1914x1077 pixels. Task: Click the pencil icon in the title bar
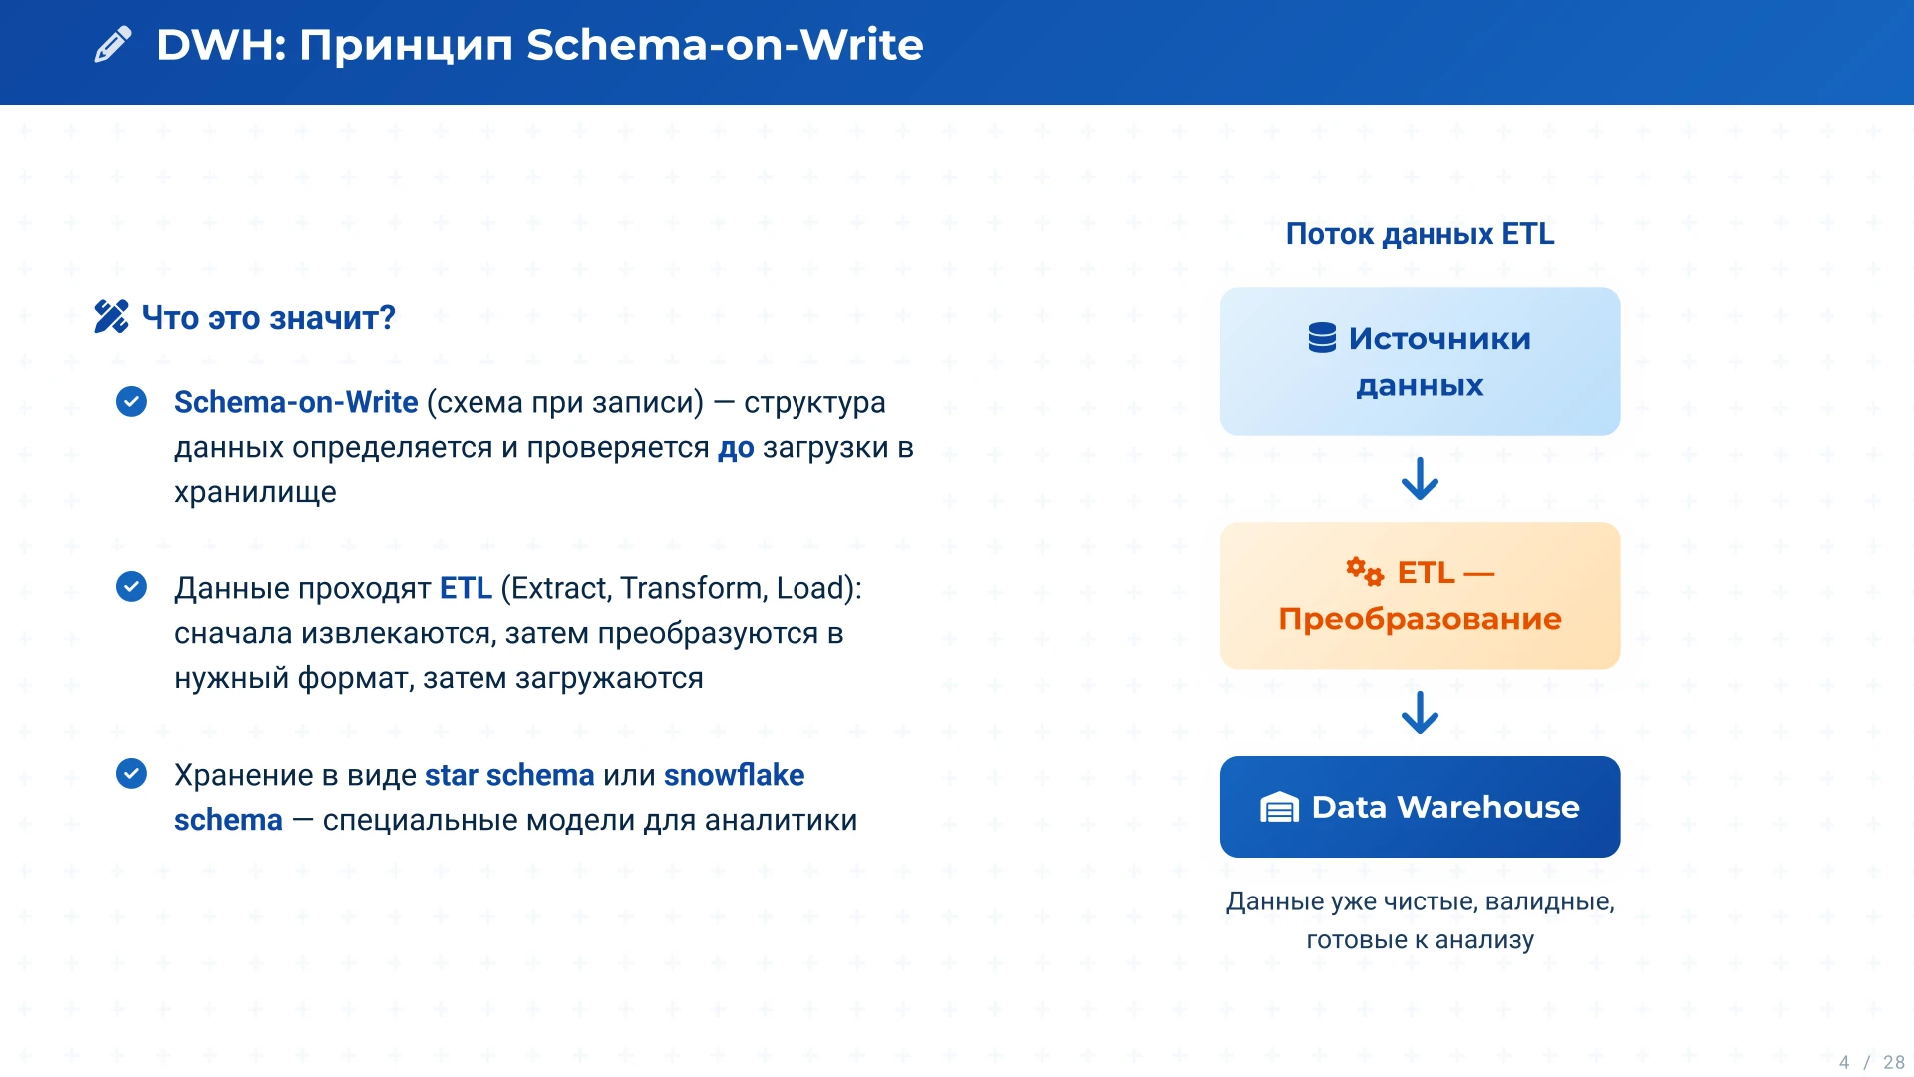coord(112,45)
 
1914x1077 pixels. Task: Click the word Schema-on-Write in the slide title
coord(725,45)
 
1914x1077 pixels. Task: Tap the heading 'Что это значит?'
coord(268,318)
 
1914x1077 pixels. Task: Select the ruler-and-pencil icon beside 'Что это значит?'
coord(111,317)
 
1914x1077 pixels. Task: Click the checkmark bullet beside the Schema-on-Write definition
coord(131,401)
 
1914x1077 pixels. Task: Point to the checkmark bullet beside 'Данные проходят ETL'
coord(131,587)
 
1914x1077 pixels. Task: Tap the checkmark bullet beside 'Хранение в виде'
coord(131,774)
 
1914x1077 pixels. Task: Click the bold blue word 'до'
coord(736,448)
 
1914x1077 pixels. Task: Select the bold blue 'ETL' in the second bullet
coord(466,588)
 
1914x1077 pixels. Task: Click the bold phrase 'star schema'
coord(509,775)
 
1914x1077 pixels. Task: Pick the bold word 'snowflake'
coord(734,775)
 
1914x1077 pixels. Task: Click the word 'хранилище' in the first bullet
coord(255,493)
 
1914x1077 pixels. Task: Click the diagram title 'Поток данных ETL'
coord(1420,234)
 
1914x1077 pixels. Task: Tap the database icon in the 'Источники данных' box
coord(1322,338)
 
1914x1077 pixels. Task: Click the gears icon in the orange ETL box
coord(1365,572)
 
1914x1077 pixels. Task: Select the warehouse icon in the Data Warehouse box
coord(1279,807)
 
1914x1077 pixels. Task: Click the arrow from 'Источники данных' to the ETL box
coord(1420,478)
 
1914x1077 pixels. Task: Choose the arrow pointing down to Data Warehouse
coord(1420,712)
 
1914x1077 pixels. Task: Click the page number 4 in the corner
coord(1844,1062)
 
